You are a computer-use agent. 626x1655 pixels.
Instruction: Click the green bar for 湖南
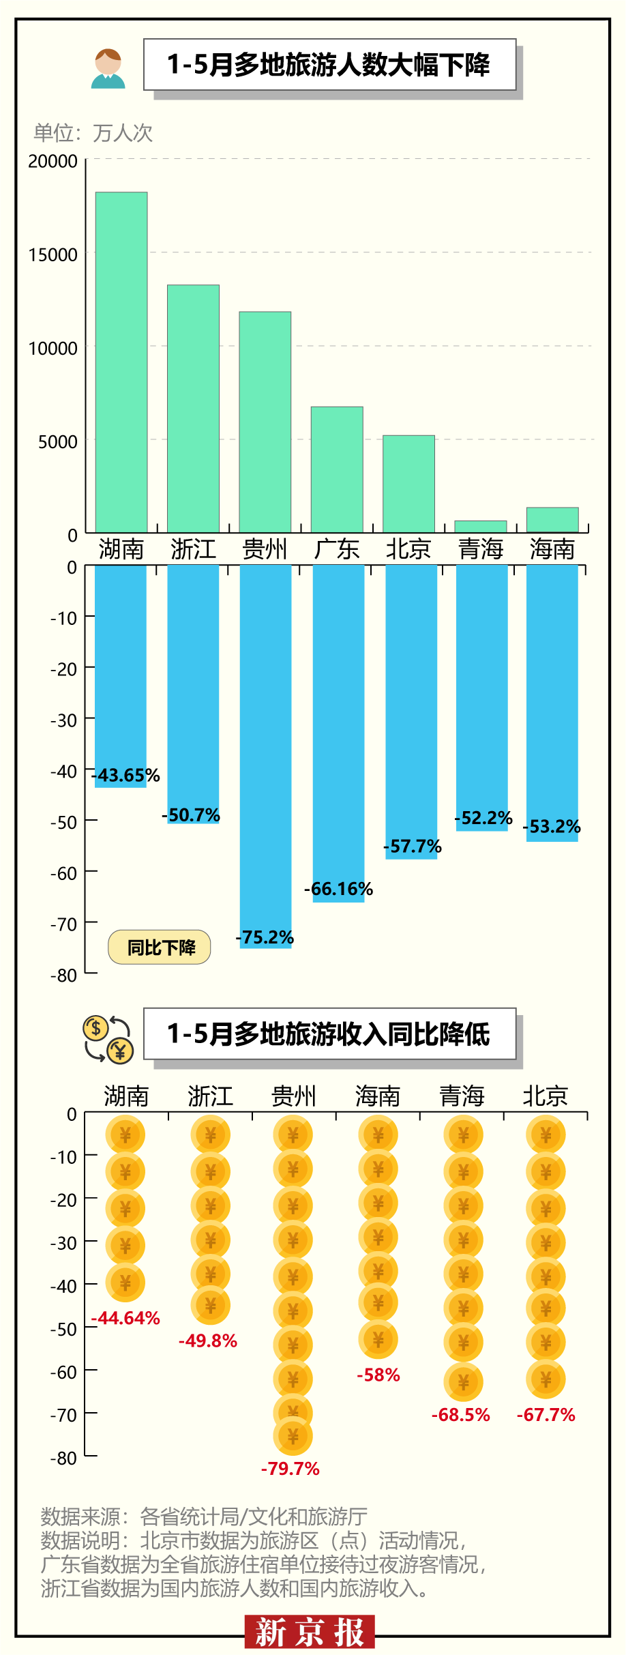point(121,362)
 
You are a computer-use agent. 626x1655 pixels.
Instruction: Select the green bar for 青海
point(481,526)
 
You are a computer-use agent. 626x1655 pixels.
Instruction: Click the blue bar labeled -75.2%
point(265,750)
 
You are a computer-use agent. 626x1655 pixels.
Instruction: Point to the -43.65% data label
point(126,775)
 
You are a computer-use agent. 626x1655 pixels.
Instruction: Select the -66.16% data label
point(339,889)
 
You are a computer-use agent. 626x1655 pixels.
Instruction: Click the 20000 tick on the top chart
point(53,162)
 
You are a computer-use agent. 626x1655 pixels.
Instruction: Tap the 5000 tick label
point(57,442)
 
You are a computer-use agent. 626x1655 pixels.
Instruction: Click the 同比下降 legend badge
point(160,947)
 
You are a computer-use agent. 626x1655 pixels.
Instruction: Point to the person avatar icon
point(108,69)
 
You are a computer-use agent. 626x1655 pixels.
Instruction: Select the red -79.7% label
point(290,1468)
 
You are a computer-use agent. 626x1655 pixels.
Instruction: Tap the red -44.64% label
point(126,1318)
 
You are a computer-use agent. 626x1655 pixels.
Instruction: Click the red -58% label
point(378,1375)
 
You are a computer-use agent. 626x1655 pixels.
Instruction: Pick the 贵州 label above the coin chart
point(294,1096)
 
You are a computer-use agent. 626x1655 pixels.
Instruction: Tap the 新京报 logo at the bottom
point(310,1632)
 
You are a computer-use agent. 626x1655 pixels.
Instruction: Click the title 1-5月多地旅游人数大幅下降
point(329,65)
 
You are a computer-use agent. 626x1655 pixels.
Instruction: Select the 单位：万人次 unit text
point(93,133)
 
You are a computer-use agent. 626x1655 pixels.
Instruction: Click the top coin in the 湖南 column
point(125,1135)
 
